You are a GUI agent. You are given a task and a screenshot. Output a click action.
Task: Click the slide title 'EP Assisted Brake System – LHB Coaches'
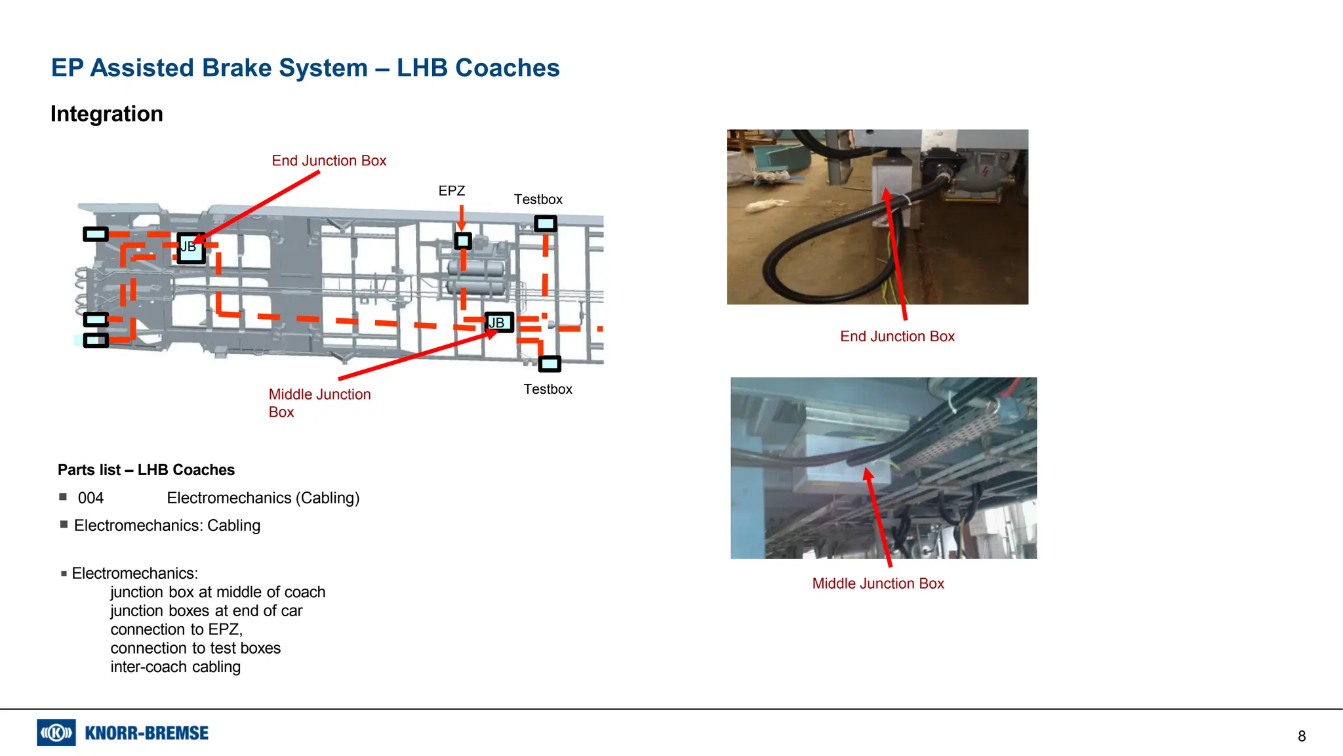point(305,68)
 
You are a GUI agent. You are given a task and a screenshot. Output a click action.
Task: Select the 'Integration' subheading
point(107,114)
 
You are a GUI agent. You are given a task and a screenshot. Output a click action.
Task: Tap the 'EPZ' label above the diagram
point(452,191)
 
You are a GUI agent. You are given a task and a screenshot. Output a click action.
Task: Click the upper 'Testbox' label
point(538,199)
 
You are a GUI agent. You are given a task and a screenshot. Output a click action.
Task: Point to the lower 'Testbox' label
point(548,389)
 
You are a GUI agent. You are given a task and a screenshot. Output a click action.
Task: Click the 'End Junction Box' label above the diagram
point(329,161)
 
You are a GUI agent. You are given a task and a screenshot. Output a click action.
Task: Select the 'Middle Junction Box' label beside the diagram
point(319,403)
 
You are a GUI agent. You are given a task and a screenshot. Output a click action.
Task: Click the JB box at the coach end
point(191,248)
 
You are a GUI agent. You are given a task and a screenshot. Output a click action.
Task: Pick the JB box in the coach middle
point(499,322)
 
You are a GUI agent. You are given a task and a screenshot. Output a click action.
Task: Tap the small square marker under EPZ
point(463,241)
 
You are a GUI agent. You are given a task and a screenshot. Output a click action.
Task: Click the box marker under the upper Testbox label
point(546,224)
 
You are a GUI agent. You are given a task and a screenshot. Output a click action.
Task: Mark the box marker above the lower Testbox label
point(550,364)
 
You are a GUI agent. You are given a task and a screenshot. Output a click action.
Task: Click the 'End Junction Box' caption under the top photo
point(897,337)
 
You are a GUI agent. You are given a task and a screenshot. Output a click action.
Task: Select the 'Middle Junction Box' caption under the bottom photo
point(877,584)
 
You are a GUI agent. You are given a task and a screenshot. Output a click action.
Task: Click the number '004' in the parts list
point(90,498)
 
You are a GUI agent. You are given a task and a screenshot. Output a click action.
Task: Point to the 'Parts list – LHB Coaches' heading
point(146,470)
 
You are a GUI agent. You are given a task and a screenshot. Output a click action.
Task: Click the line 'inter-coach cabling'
point(175,667)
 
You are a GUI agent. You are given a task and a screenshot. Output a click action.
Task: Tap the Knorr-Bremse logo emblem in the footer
point(56,732)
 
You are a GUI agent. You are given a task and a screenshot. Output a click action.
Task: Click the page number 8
point(1302,736)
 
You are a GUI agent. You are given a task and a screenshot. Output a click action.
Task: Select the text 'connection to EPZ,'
point(176,630)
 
